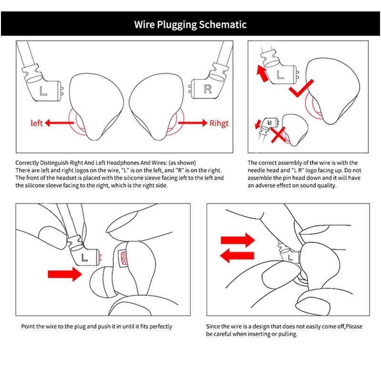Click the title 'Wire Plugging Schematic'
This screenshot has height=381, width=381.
pyautogui.click(x=190, y=24)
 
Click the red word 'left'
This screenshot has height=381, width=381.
pyautogui.click(x=37, y=123)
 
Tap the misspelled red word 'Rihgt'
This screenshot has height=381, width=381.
pyautogui.click(x=219, y=123)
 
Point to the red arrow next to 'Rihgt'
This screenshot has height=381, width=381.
pyautogui.click(x=192, y=122)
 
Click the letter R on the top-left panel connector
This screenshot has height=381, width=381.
pyautogui.click(x=207, y=89)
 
